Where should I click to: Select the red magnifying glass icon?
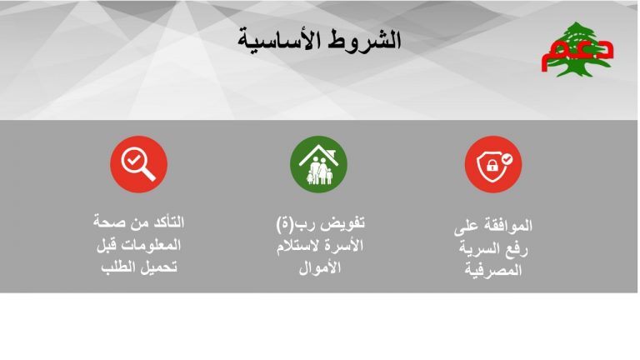pos(139,164)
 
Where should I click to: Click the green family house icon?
pos(318,164)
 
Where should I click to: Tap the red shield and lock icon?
pos(493,164)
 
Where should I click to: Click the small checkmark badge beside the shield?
pos(507,159)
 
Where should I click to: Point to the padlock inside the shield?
pos(492,165)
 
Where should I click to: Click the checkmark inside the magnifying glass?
pos(133,160)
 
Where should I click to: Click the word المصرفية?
pos(493,271)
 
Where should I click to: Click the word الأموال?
pos(320,268)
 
